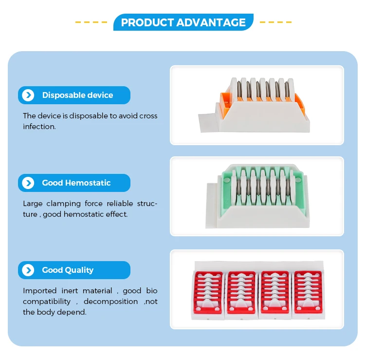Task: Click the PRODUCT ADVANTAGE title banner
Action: click(x=183, y=22)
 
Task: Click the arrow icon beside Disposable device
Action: click(x=28, y=95)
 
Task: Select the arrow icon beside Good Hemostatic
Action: click(x=28, y=183)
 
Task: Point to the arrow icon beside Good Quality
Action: click(x=28, y=270)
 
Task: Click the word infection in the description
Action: click(x=39, y=127)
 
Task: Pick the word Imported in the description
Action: click(x=39, y=291)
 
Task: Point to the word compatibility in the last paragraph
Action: click(x=47, y=302)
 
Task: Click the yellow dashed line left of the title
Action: click(x=91, y=22)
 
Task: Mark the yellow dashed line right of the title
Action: click(x=275, y=22)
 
